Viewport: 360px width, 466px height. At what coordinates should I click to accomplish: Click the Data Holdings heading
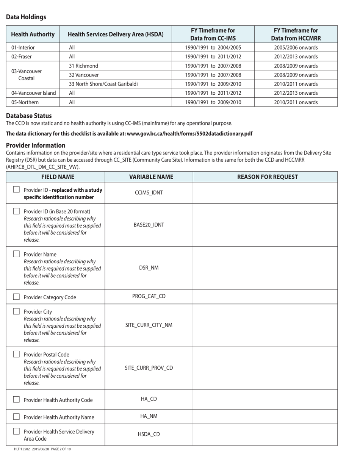point(26,17)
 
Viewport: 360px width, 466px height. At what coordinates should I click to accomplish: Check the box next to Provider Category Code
point(16,297)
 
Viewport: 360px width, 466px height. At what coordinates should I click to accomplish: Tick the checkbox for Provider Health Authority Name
point(16,417)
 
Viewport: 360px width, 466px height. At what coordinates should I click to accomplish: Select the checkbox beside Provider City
point(16,311)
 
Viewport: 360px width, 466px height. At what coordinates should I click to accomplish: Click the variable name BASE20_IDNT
point(149,225)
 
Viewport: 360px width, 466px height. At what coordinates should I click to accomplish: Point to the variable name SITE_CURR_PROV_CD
point(149,368)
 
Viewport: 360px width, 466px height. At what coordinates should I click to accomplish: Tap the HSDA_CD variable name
point(149,434)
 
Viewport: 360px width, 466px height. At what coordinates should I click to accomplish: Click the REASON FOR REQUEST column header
point(267,177)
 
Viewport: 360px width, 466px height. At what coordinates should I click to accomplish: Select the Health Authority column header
point(33,34)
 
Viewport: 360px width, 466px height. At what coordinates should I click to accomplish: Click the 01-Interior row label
point(23,48)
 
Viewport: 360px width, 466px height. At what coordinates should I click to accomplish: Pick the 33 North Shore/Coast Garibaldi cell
point(103,84)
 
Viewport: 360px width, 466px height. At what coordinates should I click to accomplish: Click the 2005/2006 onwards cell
point(296,48)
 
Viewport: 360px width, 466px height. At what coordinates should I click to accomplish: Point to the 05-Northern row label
point(25,102)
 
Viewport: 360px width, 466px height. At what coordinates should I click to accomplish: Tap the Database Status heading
point(29,116)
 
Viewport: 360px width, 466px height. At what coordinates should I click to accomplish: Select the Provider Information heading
point(36,145)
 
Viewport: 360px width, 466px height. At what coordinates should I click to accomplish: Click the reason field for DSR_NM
point(265,268)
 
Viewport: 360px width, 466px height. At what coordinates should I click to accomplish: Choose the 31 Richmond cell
point(83,66)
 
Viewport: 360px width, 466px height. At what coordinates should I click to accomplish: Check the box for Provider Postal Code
point(16,354)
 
